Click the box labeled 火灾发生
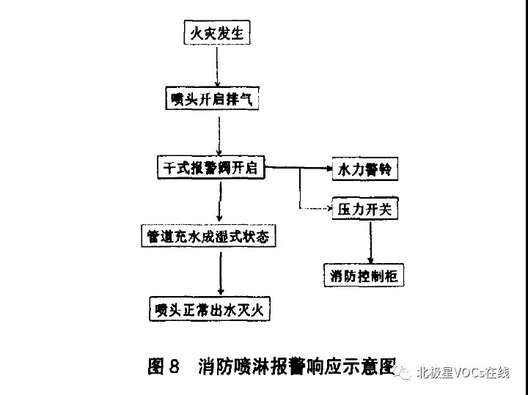pyautogui.click(x=217, y=34)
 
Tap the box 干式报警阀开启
pyautogui.click(x=211, y=168)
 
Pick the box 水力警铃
pyautogui.click(x=364, y=170)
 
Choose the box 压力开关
pyautogui.click(x=364, y=210)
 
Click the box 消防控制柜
pyautogui.click(x=364, y=276)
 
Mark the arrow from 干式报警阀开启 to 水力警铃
pyautogui.click(x=297, y=169)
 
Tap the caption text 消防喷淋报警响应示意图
pyautogui.click(x=297, y=366)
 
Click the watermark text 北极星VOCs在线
pyautogui.click(x=463, y=373)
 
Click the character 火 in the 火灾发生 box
pyautogui.click(x=196, y=34)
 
